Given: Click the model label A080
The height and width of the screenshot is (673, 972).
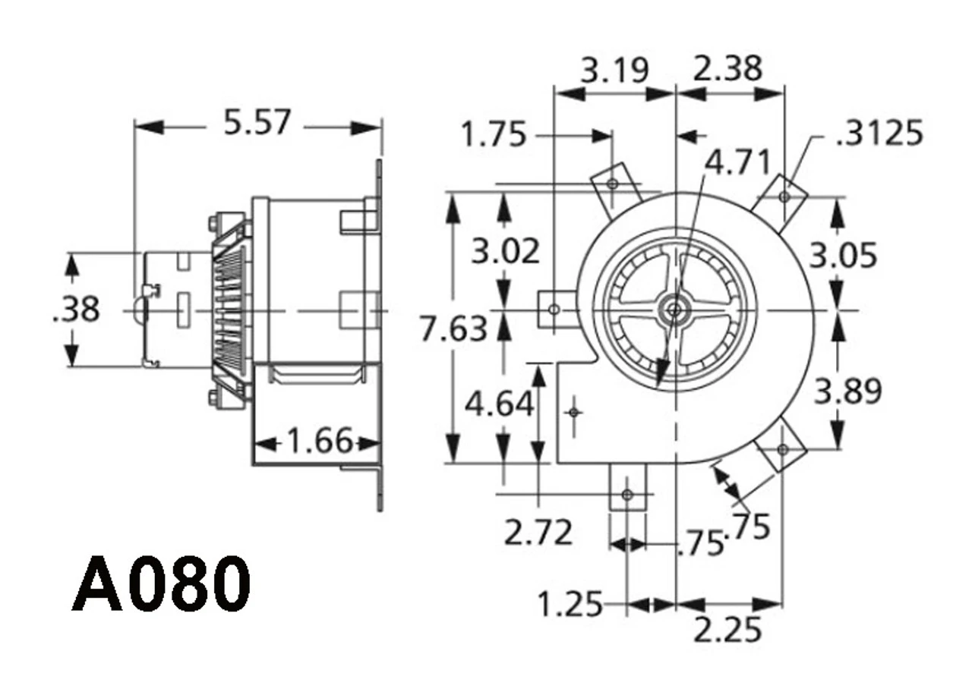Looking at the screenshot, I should click(x=162, y=584).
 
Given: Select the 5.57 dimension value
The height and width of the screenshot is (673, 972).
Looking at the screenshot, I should click(x=257, y=122).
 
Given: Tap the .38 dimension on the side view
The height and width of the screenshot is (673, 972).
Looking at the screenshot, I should click(x=76, y=310).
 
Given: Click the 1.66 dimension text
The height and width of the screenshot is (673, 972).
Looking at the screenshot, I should click(x=320, y=440).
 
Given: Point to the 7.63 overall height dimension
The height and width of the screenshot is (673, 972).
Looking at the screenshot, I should click(x=453, y=329).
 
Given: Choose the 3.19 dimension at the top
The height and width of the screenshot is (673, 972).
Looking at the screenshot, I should click(x=615, y=71).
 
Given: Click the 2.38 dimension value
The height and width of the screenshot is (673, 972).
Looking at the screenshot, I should click(x=727, y=68).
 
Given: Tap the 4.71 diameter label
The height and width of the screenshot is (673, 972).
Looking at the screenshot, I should click(x=737, y=162).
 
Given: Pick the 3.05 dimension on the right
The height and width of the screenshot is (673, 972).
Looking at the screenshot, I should click(x=843, y=256).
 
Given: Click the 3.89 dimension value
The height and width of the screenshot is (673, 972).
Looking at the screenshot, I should click(x=847, y=392).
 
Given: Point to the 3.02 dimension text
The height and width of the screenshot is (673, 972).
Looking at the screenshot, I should click(x=505, y=251).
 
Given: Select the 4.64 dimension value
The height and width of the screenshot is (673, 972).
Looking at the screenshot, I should click(x=499, y=404).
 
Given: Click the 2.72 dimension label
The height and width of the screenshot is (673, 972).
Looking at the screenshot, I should click(x=538, y=533).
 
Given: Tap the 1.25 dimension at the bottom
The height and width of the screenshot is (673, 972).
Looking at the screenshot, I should click(x=570, y=605).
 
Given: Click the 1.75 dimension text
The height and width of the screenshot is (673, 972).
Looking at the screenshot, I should click(x=494, y=136).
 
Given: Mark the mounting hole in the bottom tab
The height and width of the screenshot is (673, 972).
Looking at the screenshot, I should click(x=626, y=495).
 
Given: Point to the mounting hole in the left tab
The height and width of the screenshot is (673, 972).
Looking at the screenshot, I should click(x=554, y=310).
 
